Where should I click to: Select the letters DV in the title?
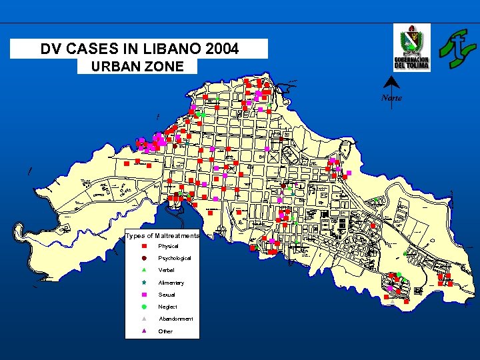pyautogui.click(x=51, y=49)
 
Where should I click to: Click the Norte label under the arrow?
pyautogui.click(x=391, y=99)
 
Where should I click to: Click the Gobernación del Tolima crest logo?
pyautogui.click(x=411, y=47)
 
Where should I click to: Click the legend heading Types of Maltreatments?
pyautogui.click(x=162, y=236)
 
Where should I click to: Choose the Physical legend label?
pyautogui.click(x=168, y=247)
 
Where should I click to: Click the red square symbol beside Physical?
pyautogui.click(x=144, y=246)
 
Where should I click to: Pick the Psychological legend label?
pyautogui.click(x=175, y=258)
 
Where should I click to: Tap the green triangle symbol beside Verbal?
pyautogui.click(x=144, y=270)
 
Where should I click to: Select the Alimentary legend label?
pyautogui.click(x=171, y=283)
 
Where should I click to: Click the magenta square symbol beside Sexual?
pyautogui.click(x=144, y=294)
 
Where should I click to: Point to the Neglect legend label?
pyautogui.click(x=168, y=307)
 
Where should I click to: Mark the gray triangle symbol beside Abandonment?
pyautogui.click(x=144, y=319)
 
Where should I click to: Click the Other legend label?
pyautogui.click(x=165, y=331)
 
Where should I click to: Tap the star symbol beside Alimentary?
pyautogui.click(x=144, y=282)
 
